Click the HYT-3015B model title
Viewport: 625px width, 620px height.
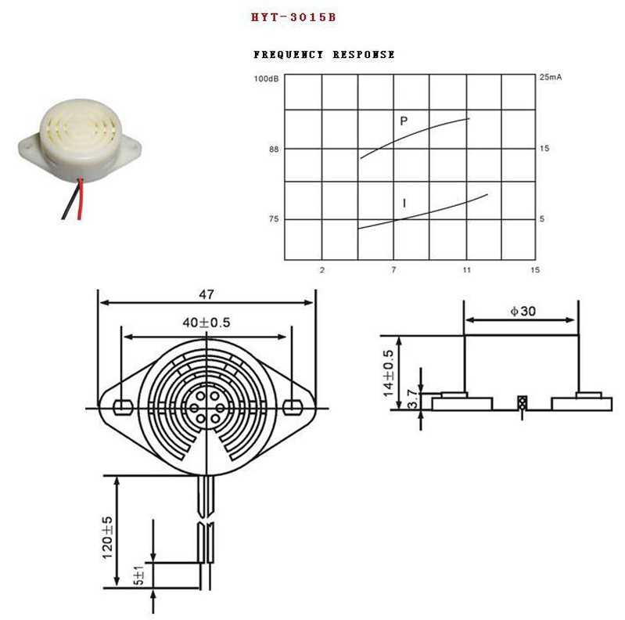click(293, 16)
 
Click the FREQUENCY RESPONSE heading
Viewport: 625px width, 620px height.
click(324, 55)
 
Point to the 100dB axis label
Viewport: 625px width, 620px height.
click(266, 78)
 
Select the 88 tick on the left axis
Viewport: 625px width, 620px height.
click(273, 149)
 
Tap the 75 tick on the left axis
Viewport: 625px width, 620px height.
click(273, 219)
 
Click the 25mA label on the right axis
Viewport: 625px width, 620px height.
click(551, 78)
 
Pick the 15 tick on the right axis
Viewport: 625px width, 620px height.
click(544, 149)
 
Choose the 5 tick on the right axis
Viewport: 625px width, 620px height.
click(542, 219)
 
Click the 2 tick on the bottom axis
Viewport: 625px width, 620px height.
click(322, 270)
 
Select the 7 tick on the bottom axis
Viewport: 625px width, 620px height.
click(393, 270)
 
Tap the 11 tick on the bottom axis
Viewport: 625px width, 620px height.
click(466, 270)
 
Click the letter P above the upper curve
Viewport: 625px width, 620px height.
click(404, 121)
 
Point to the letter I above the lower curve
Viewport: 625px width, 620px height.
click(404, 204)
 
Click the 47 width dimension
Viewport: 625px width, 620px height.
click(206, 295)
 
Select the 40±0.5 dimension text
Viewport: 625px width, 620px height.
click(207, 322)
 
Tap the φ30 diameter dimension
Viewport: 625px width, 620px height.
click(523, 311)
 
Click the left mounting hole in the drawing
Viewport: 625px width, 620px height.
click(121, 407)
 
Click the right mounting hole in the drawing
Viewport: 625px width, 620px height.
click(292, 407)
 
